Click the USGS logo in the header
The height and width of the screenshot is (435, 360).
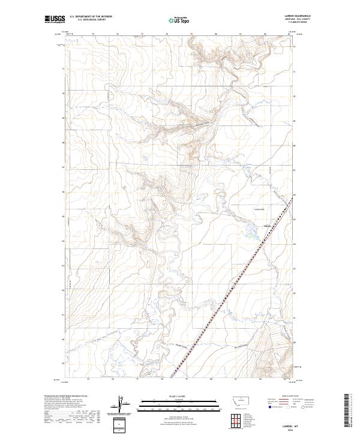click(55, 20)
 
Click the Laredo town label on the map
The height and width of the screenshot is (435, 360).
click(268, 226)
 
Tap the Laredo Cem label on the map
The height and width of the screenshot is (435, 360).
click(259, 209)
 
